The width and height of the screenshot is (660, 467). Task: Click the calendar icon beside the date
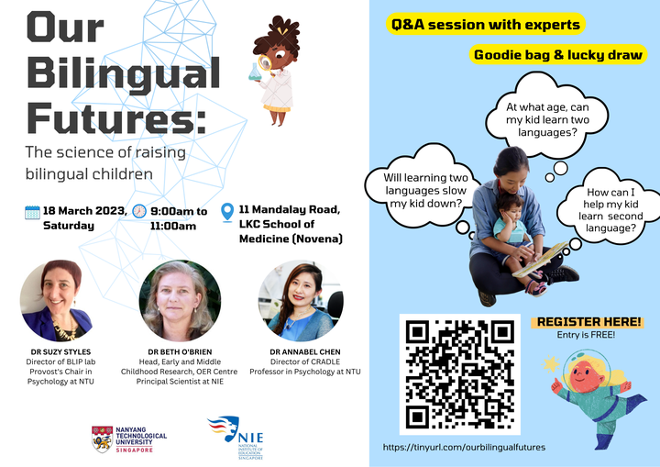click(32, 212)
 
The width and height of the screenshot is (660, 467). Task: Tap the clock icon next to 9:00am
click(139, 211)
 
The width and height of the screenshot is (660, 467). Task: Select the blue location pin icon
click(227, 212)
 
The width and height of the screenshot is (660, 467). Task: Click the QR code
click(459, 374)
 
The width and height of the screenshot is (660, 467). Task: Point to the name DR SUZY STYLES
click(60, 352)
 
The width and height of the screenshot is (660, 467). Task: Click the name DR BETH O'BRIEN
click(180, 352)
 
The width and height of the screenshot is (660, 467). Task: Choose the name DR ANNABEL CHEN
click(305, 352)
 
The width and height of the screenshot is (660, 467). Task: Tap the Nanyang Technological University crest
click(103, 439)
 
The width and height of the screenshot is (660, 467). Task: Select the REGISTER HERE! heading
click(588, 322)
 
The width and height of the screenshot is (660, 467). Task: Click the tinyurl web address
click(464, 447)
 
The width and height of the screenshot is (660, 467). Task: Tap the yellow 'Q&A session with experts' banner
click(486, 25)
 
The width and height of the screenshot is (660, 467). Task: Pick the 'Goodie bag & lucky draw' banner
click(558, 55)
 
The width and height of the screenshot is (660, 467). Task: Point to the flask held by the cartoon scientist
click(254, 72)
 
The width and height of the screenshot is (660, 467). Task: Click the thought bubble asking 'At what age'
click(547, 116)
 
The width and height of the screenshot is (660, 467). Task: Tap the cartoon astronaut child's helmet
click(587, 370)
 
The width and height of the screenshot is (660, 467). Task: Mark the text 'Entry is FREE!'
click(586, 335)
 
